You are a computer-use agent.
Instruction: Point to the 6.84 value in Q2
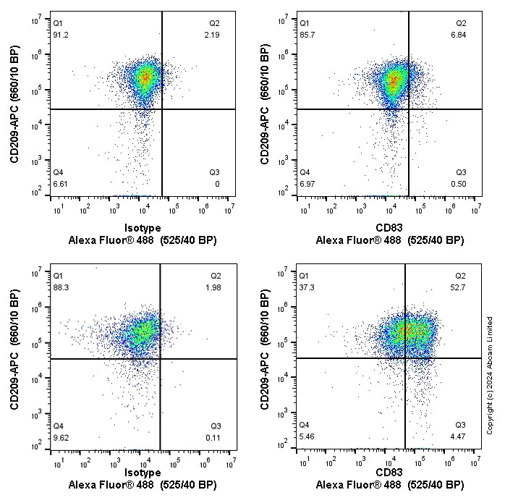point(460,35)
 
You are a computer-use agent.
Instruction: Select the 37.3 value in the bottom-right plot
point(307,287)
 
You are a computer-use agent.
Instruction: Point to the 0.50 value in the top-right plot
point(460,184)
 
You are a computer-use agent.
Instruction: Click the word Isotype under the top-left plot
point(143,227)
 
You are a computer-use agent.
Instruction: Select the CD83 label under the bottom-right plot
point(389,473)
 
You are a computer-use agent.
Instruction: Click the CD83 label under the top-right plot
point(389,227)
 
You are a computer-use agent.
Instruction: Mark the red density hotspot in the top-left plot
point(145,77)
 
